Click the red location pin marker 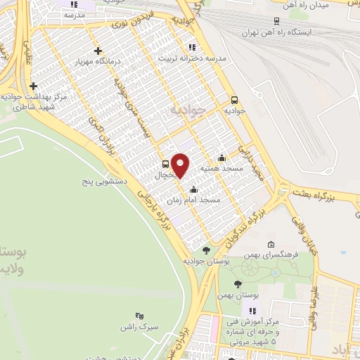(181, 165)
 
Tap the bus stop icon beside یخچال (165, 166)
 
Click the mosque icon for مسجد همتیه (222, 157)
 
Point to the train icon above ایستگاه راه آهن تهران (276, 21)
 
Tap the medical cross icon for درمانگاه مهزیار (98, 51)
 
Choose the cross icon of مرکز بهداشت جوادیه (33, 86)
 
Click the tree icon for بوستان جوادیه (206, 250)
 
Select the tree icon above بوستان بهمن (238, 283)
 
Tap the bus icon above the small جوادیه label (235, 99)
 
